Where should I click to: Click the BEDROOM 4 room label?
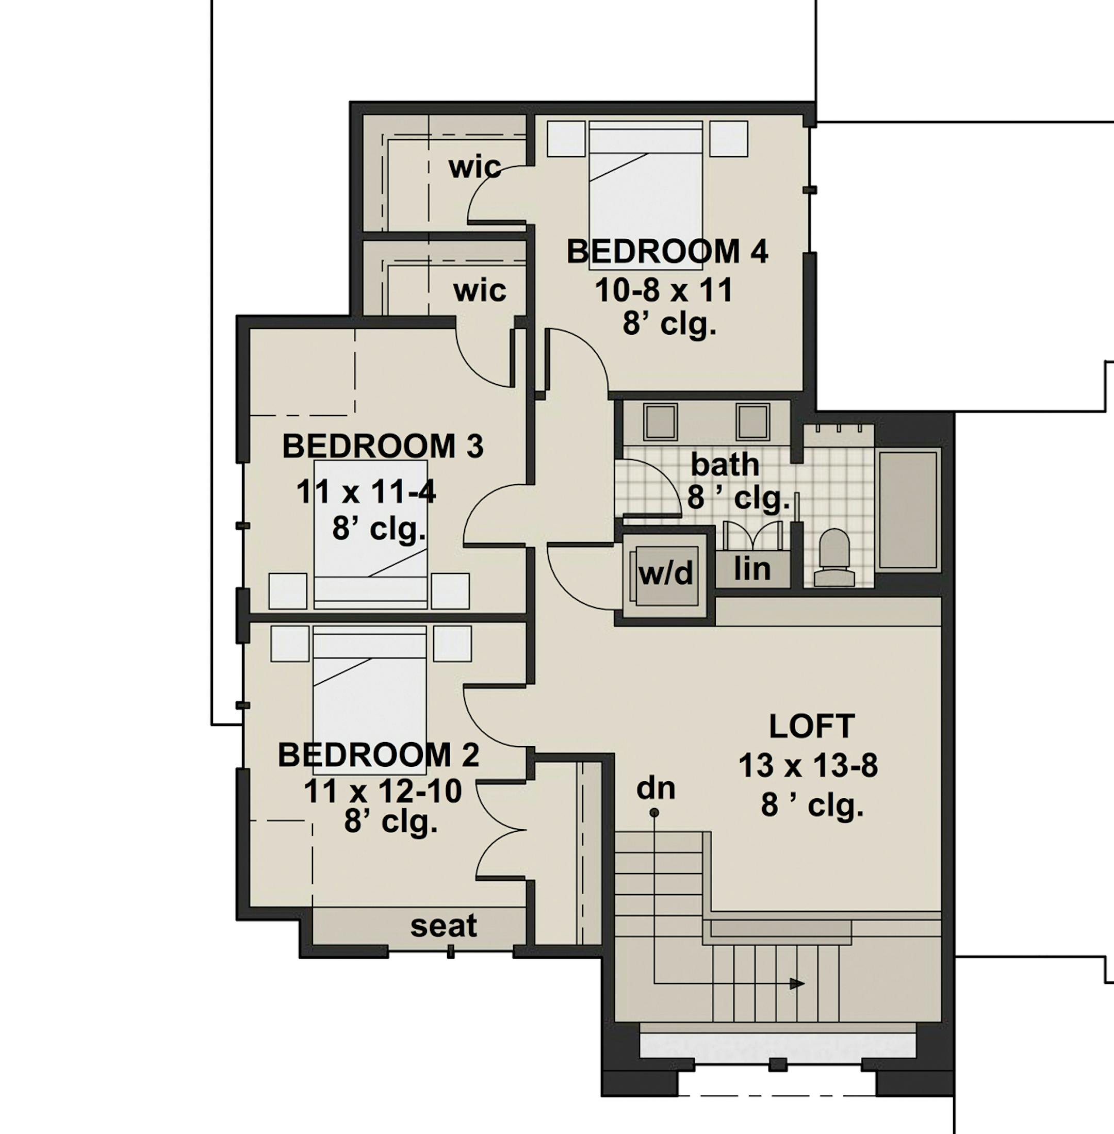pos(667,252)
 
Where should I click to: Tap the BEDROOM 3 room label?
pos(383,447)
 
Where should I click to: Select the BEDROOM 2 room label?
pos(379,755)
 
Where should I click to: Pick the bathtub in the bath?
pos(909,510)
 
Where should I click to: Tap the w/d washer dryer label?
pos(666,574)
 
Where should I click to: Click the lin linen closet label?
pos(752,568)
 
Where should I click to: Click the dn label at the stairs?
pos(656,788)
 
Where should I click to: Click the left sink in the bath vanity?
pos(660,421)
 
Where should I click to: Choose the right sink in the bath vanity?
pos(752,421)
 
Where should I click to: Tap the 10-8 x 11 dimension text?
pos(664,290)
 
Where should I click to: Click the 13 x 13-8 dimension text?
pos(808,765)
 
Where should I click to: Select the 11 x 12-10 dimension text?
pos(383,792)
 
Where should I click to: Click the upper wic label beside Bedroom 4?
pos(475,168)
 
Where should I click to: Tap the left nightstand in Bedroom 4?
pos(566,139)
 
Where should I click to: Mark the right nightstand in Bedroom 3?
pos(451,591)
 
